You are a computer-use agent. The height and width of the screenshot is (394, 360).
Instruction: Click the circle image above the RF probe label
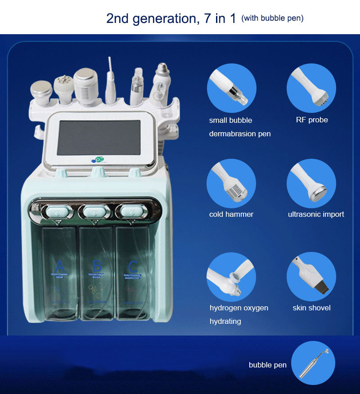coord(311,88)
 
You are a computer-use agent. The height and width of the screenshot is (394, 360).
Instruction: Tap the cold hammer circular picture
coord(231,184)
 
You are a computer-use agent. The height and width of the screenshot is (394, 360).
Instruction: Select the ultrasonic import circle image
coord(311,184)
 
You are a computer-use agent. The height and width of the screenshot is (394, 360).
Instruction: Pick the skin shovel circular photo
coord(311,277)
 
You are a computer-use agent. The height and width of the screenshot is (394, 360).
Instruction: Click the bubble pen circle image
coord(314,364)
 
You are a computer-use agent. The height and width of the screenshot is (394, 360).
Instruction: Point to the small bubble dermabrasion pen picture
coord(231,88)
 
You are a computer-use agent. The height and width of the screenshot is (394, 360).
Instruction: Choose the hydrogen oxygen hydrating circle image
coord(231,277)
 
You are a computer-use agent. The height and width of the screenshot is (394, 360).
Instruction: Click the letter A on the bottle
coord(60,265)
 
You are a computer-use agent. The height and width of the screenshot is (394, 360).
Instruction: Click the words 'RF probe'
coord(312,120)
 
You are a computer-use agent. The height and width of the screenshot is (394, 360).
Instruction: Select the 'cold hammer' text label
coord(231,215)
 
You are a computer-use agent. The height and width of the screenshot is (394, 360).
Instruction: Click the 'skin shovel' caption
coord(311,308)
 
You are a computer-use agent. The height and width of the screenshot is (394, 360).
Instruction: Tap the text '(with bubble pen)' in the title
coord(272,18)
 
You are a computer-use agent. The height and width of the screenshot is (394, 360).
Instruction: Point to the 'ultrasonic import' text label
coord(316,215)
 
